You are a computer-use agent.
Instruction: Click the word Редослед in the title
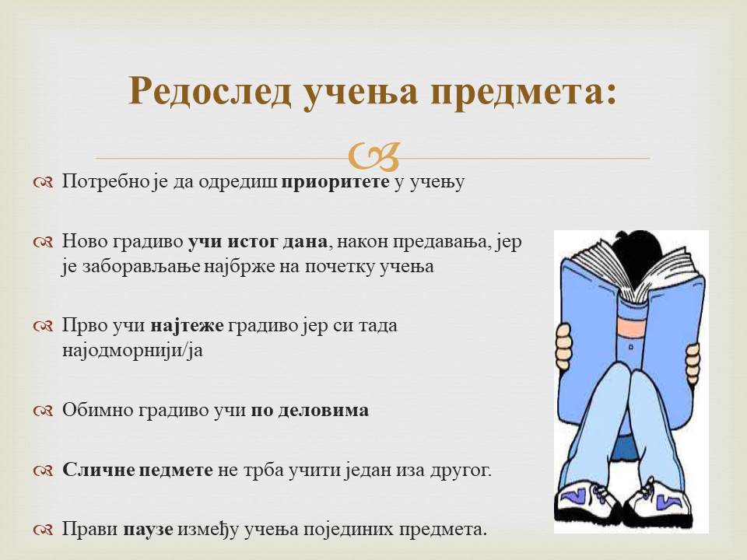click(x=210, y=90)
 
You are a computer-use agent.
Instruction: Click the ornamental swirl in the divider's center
click(x=374, y=156)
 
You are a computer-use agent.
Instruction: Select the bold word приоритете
click(x=335, y=182)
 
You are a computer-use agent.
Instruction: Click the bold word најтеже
click(x=188, y=326)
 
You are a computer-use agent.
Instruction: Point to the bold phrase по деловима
click(x=310, y=411)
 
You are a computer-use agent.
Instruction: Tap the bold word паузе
click(x=148, y=530)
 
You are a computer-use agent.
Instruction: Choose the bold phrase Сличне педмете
click(x=138, y=470)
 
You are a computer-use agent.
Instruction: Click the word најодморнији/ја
click(x=132, y=351)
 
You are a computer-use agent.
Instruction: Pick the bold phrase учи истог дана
click(x=258, y=242)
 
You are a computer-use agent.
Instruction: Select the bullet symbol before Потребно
click(x=44, y=183)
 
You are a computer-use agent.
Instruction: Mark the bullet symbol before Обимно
click(x=44, y=411)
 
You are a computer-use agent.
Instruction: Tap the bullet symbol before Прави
click(x=44, y=530)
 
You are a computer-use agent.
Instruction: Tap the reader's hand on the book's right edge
click(x=693, y=363)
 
